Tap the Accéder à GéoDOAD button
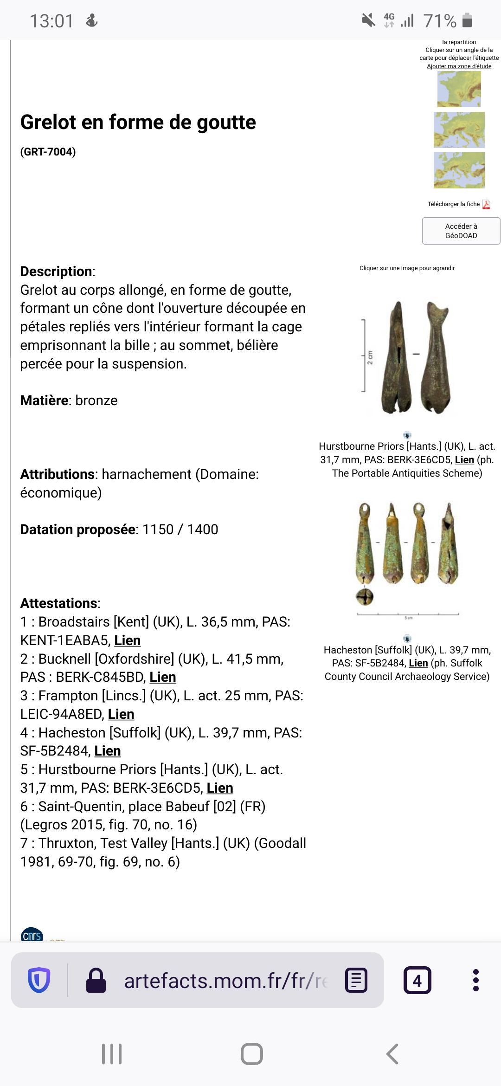pyautogui.click(x=461, y=231)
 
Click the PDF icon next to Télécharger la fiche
pyautogui.click(x=486, y=204)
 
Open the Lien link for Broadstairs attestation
pyautogui.click(x=128, y=640)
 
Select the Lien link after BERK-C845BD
pyautogui.click(x=163, y=677)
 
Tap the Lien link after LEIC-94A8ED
pyautogui.click(x=121, y=714)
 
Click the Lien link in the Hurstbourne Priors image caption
pyautogui.click(x=464, y=460)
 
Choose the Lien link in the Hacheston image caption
pyautogui.click(x=418, y=663)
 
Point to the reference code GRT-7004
pyautogui.click(x=48, y=152)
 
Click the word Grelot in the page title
pyautogui.click(x=48, y=123)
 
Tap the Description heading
pyautogui.click(x=56, y=271)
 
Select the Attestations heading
pyautogui.click(x=59, y=603)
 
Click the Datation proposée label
pyautogui.click(x=78, y=530)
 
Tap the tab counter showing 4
pyautogui.click(x=417, y=981)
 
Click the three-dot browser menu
pyautogui.click(x=475, y=980)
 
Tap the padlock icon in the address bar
pyautogui.click(x=96, y=981)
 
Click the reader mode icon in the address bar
pyautogui.click(x=357, y=981)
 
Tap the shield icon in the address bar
pyautogui.click(x=39, y=980)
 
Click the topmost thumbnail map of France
pyautogui.click(x=459, y=89)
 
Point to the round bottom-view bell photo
pyautogui.click(x=365, y=597)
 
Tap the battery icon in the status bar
pyautogui.click(x=467, y=20)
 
